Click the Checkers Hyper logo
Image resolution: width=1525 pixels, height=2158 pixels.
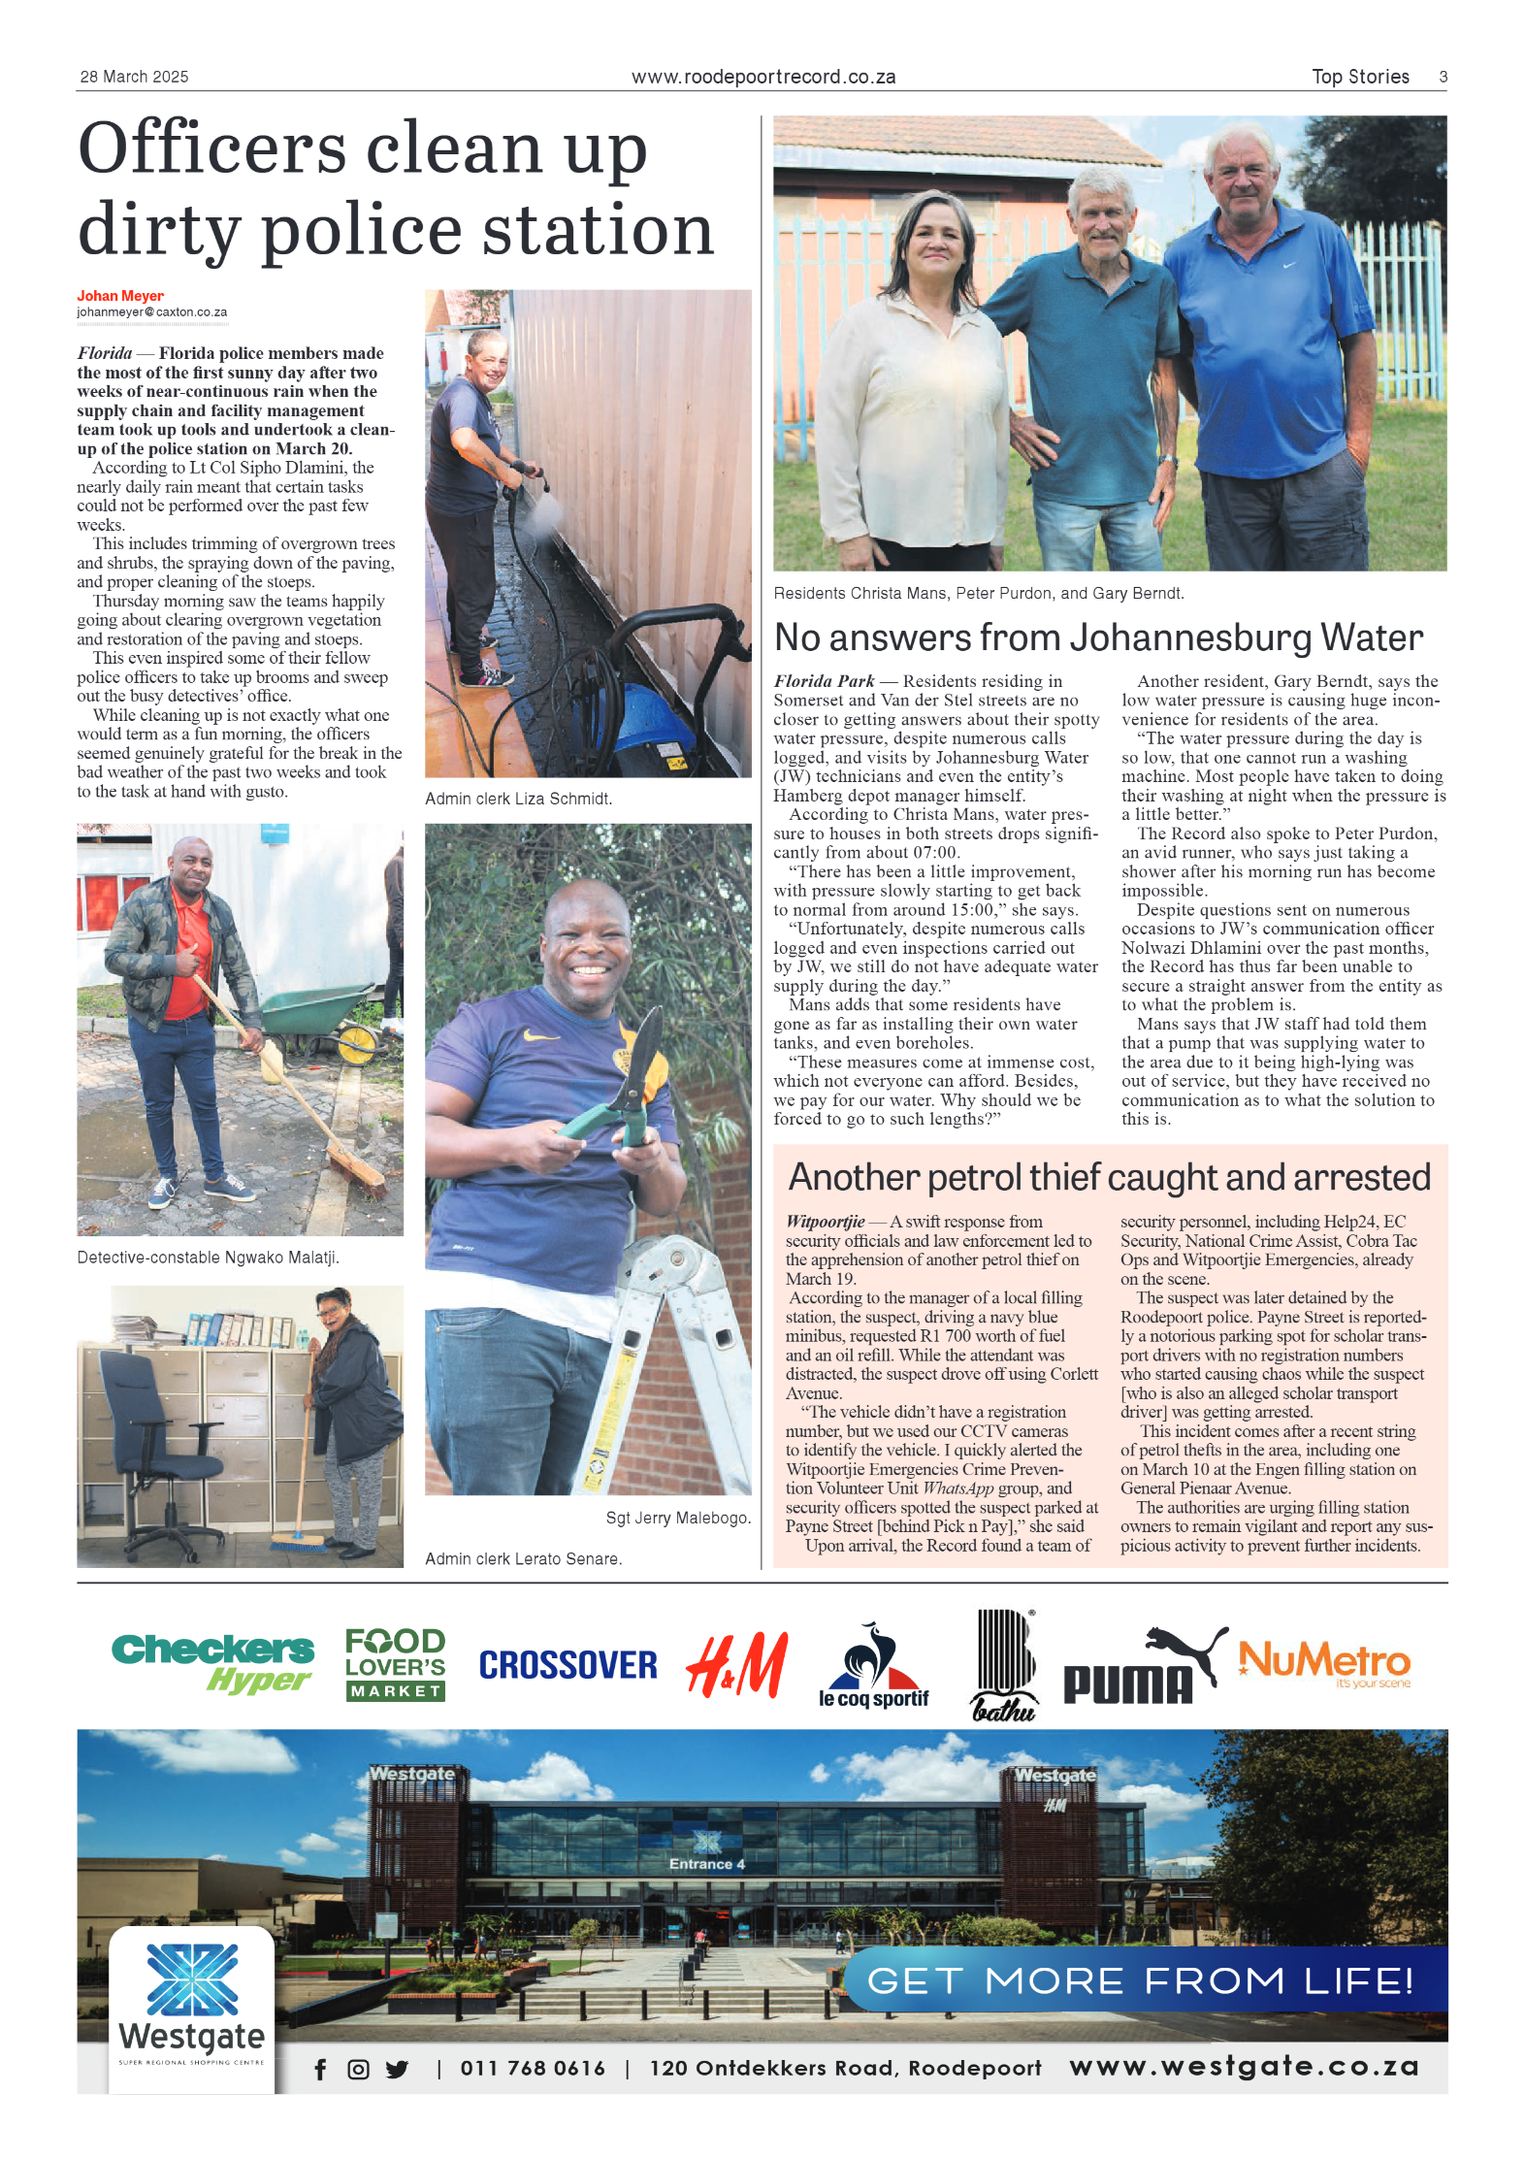[212, 1663]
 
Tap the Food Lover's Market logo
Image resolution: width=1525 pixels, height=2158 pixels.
[395, 1663]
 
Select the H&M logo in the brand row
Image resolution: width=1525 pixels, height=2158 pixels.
[737, 1665]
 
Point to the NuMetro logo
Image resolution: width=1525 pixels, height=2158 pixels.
[1324, 1663]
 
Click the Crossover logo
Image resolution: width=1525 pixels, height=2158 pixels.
[568, 1665]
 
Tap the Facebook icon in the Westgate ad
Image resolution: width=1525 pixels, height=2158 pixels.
[320, 2070]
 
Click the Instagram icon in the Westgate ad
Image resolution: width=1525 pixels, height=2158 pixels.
[358, 2070]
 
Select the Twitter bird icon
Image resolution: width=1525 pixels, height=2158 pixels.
[397, 2070]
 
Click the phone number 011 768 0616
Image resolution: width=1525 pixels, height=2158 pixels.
[533, 2069]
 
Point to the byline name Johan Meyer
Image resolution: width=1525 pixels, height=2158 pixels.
[120, 296]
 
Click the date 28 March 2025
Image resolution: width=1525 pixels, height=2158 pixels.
[134, 77]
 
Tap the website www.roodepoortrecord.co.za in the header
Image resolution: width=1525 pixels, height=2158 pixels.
[763, 77]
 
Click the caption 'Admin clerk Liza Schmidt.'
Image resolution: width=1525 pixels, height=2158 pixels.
[518, 799]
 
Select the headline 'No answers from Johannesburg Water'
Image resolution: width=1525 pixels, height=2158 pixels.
[1098, 638]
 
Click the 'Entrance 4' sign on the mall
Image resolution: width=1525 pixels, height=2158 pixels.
[706, 1864]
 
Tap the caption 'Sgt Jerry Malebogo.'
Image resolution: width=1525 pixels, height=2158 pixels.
[678, 1518]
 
